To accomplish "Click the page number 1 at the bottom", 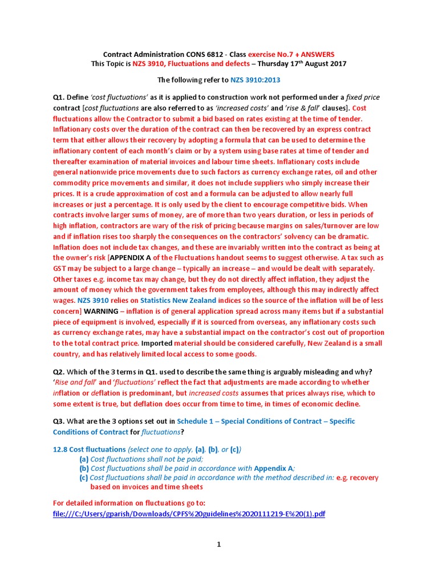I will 218,545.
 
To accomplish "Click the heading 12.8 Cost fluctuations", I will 88,449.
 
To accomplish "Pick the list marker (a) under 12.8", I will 84,459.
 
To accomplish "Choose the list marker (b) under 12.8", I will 84,468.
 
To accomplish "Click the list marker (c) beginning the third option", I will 84,478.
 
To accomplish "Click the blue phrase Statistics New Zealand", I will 178,300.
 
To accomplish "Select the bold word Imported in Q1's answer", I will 156,343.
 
